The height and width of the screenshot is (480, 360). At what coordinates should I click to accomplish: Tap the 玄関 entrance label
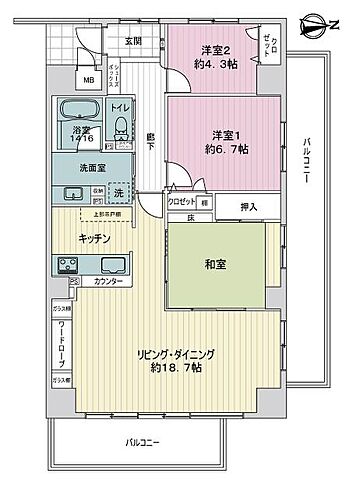pyautogui.click(x=133, y=41)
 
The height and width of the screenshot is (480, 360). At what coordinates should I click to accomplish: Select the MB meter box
pyautogui.click(x=89, y=79)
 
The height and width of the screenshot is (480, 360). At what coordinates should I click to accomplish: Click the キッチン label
pyautogui.click(x=96, y=237)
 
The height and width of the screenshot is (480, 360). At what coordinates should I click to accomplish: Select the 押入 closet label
pyautogui.click(x=249, y=207)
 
